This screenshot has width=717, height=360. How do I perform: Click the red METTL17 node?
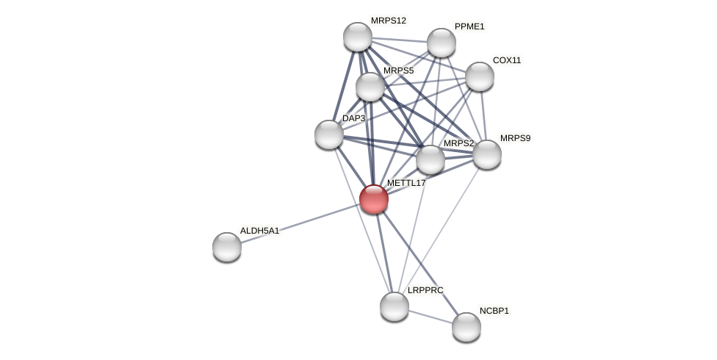tap(373, 199)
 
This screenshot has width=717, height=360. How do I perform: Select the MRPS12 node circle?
tap(358, 37)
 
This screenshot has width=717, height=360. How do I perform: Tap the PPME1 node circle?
tap(442, 43)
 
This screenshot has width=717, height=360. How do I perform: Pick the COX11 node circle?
tap(480, 76)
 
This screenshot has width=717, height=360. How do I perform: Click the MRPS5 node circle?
tap(370, 87)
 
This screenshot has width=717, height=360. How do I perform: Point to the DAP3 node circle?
tap(329, 134)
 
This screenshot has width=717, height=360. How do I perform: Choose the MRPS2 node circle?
tap(430, 159)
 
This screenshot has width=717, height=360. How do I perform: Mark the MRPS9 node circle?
tap(487, 154)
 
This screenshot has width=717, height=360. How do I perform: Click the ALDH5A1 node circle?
tap(227, 247)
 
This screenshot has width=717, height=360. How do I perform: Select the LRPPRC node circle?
tap(394, 306)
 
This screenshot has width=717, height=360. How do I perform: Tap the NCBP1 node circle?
tap(466, 327)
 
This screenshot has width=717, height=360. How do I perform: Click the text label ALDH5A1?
tap(259, 231)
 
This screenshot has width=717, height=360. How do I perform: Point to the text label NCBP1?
tap(494, 311)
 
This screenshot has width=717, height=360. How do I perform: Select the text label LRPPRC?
tap(425, 290)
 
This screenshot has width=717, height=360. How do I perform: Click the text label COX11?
tap(506, 60)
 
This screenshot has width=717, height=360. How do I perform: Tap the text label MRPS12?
tap(388, 21)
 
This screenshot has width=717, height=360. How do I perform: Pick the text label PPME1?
tap(469, 26)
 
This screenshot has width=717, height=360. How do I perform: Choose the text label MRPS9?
tap(515, 138)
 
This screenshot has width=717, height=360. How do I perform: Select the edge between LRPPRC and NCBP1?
tap(430, 317)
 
